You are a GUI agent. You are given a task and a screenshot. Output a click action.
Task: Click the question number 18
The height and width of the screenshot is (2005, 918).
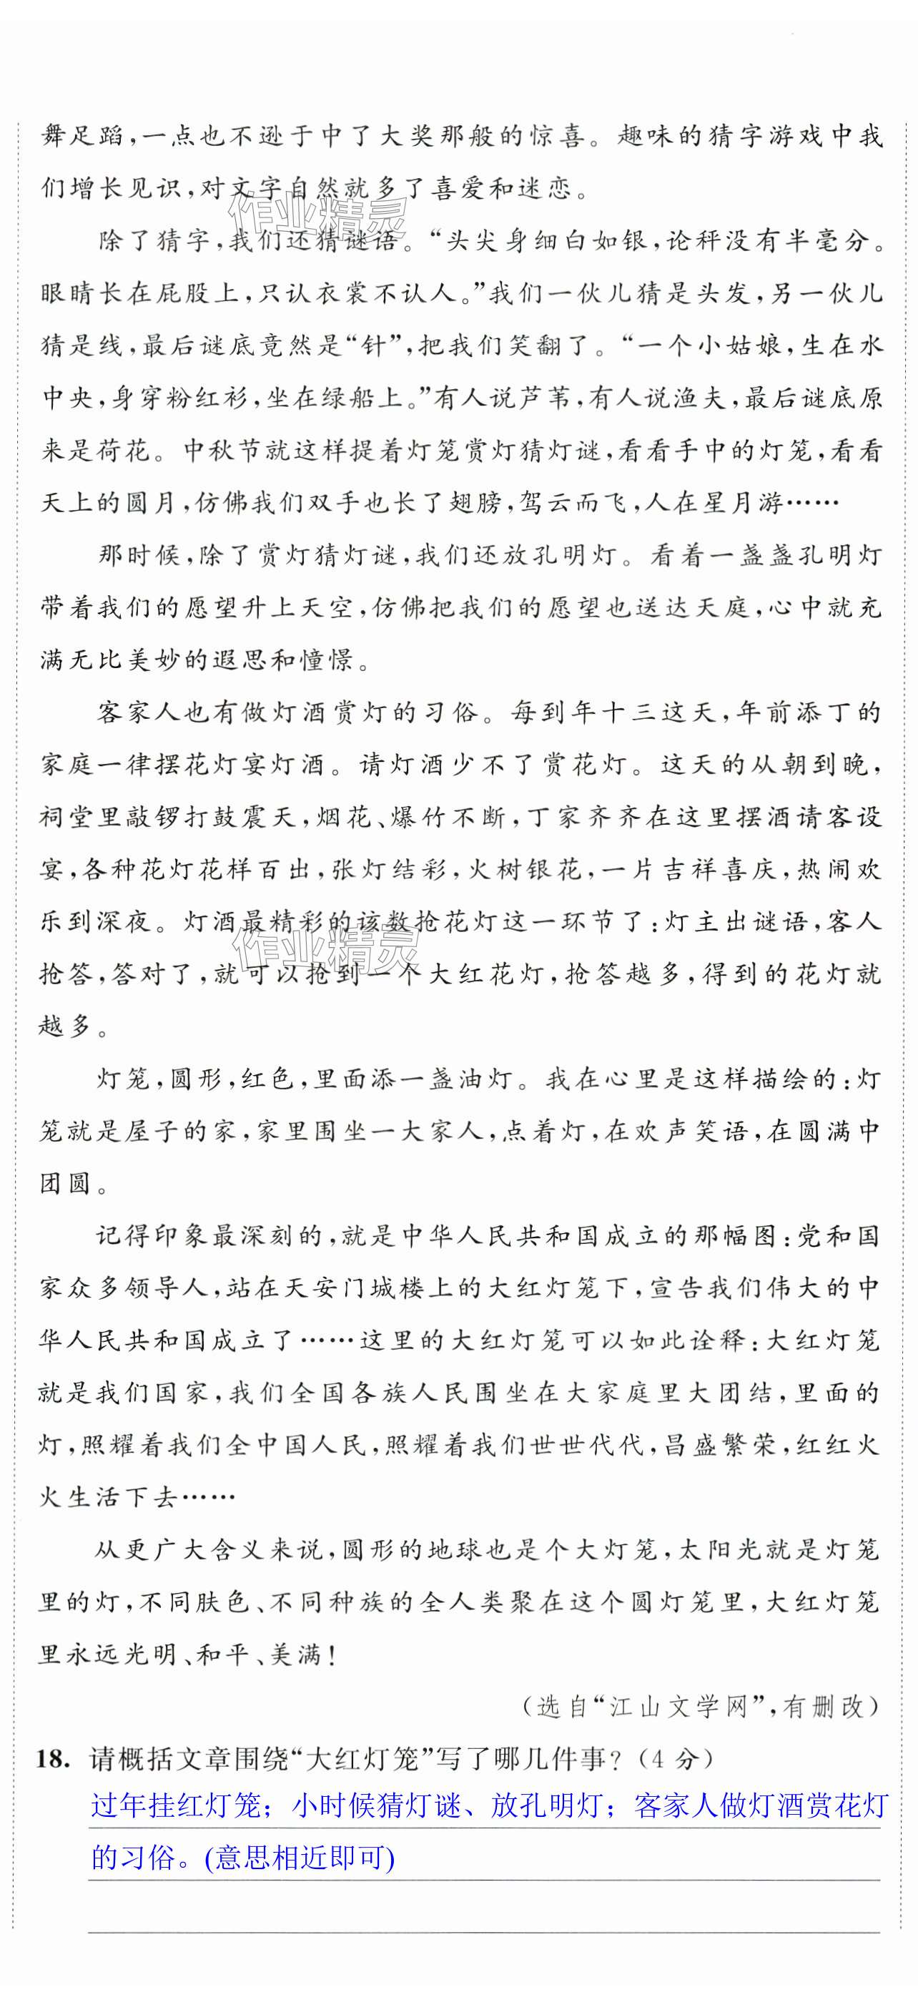(51, 1760)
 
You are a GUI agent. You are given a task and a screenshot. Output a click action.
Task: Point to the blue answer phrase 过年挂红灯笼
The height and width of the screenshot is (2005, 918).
(175, 1805)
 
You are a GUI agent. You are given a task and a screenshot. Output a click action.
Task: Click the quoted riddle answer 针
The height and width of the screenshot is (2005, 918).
(374, 345)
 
